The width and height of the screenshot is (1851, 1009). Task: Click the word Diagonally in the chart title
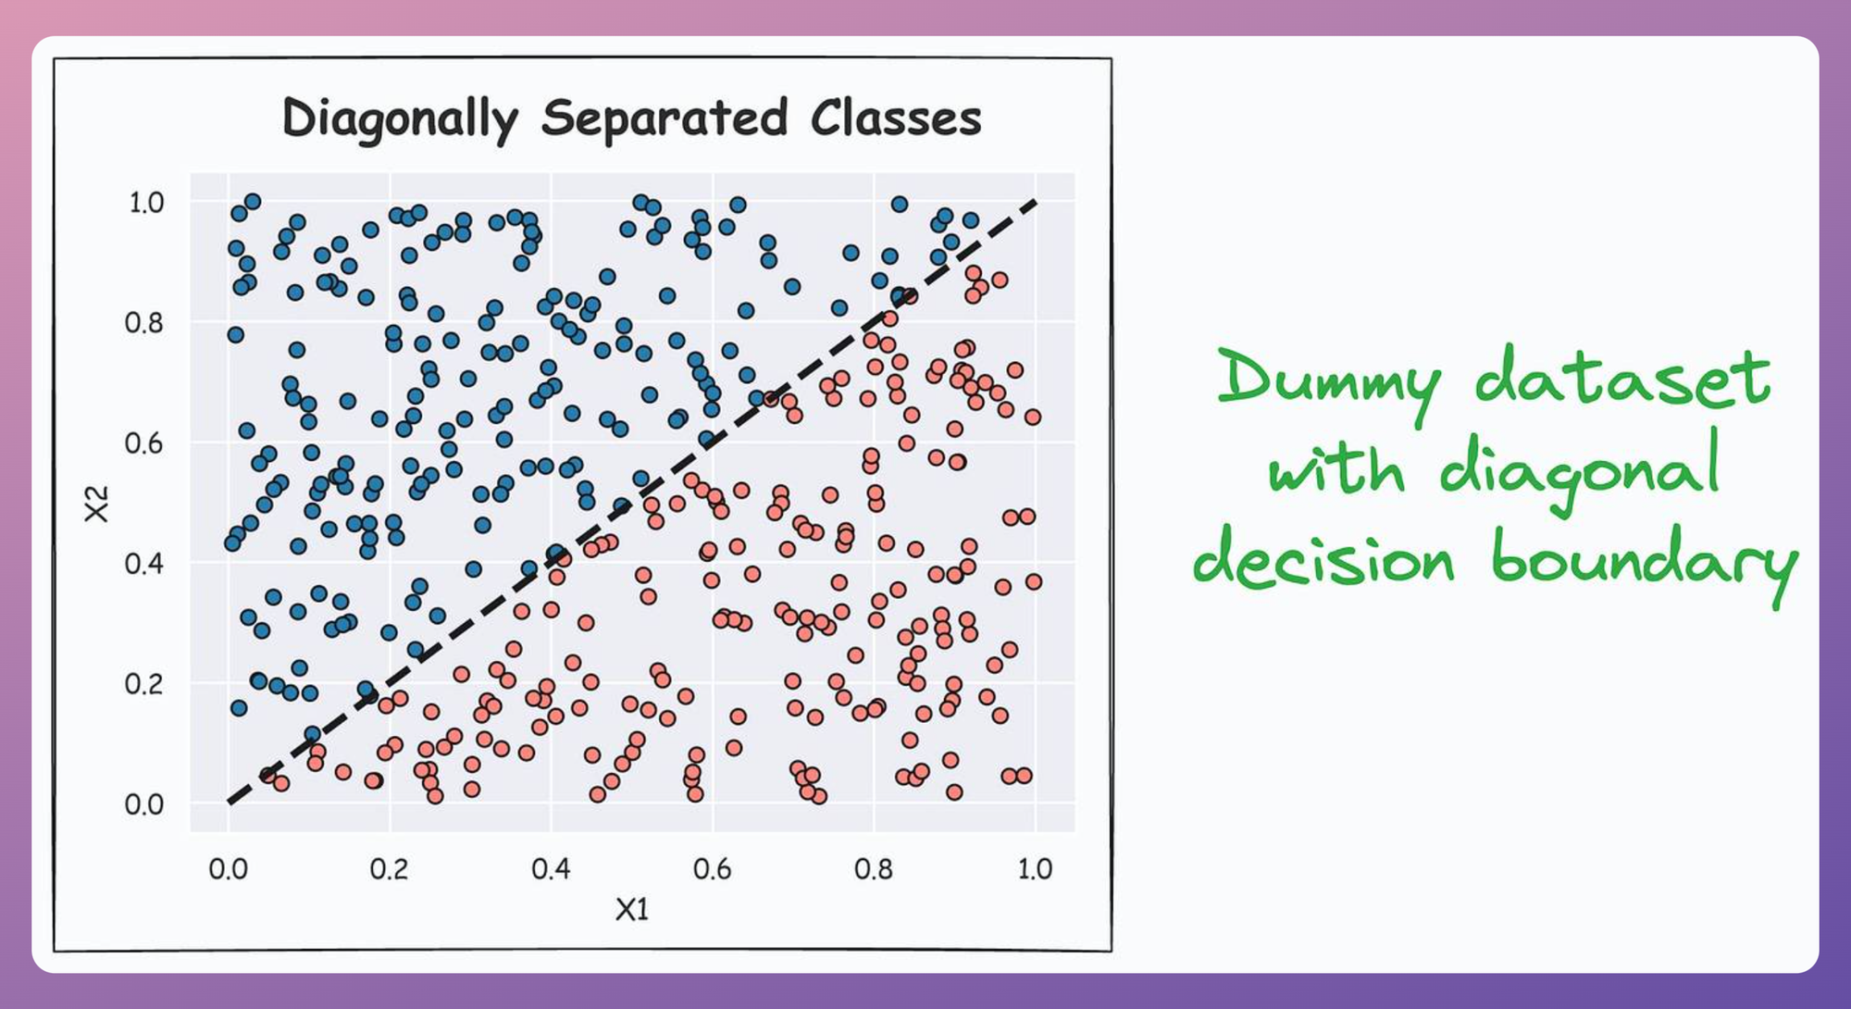tap(400, 119)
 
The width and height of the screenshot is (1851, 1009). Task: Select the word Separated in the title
tap(665, 119)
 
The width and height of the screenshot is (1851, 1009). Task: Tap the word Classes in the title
tap(896, 118)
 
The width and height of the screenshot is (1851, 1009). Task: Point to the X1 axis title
tap(632, 910)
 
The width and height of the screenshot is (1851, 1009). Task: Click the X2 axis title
tap(96, 504)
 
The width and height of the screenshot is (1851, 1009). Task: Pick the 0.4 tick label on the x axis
tap(551, 869)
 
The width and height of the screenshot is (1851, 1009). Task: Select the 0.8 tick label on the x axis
tap(874, 869)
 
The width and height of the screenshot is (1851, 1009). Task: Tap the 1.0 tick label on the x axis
tap(1035, 869)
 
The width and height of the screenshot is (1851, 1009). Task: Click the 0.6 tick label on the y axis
tap(144, 443)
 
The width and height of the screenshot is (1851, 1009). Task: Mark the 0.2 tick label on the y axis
tap(144, 684)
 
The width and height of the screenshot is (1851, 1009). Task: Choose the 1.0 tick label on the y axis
tap(146, 203)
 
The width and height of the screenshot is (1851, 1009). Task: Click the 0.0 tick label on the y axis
tap(144, 804)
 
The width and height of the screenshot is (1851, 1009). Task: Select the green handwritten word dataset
tap(1622, 377)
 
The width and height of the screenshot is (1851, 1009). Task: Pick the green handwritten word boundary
tap(1644, 559)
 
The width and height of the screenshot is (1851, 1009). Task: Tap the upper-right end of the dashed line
tap(1036, 201)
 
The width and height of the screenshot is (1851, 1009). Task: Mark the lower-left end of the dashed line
tap(229, 803)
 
